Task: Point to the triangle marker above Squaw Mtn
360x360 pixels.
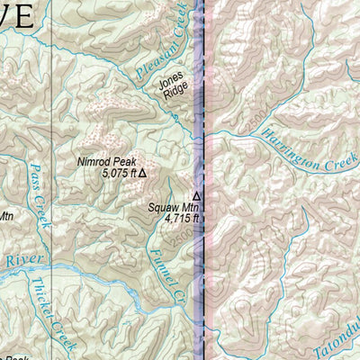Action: click(x=196, y=194)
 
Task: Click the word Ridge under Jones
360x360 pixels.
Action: click(x=175, y=92)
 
